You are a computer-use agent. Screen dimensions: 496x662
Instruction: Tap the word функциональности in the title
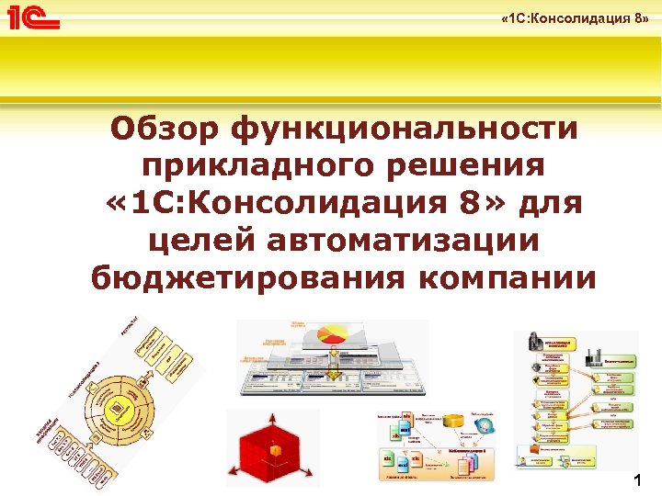(x=405, y=129)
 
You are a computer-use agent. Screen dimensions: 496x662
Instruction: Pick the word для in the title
(x=552, y=202)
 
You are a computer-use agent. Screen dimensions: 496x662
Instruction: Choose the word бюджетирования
(x=239, y=276)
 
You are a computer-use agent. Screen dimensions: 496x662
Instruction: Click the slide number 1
(x=637, y=480)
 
